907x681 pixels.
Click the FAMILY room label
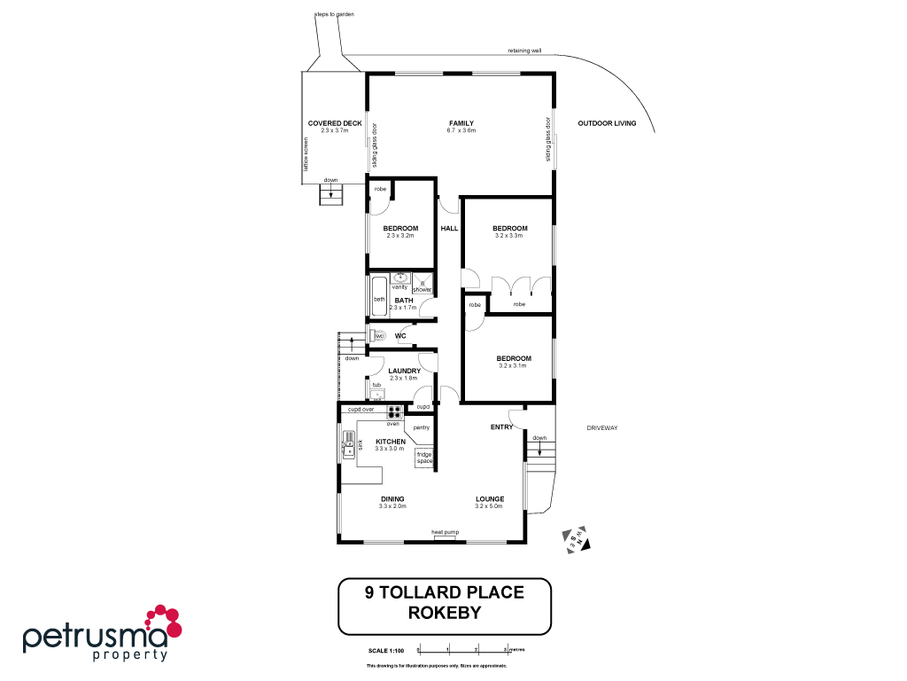(x=461, y=123)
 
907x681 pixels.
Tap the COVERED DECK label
(x=335, y=123)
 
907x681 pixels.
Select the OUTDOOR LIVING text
(x=607, y=123)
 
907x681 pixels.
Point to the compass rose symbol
(x=578, y=538)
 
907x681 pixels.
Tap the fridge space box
(x=424, y=458)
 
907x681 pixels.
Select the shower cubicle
(x=422, y=283)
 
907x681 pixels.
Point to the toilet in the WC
(x=377, y=336)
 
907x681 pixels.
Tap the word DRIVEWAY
(x=601, y=428)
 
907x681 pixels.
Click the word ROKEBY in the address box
(x=445, y=612)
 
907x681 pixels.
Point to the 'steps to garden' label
(x=334, y=15)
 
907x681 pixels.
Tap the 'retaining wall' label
(x=524, y=51)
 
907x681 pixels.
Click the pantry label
(x=421, y=427)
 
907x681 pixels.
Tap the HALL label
(x=449, y=228)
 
